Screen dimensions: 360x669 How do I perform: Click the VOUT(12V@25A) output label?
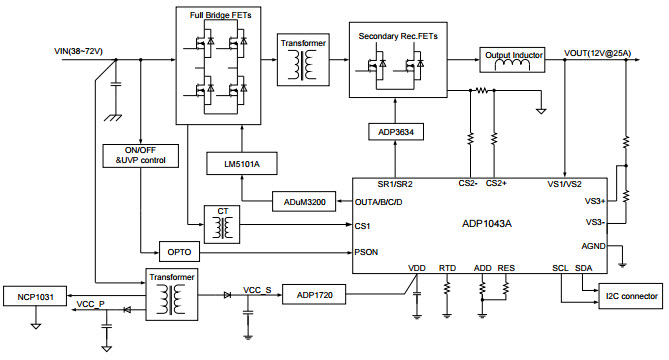pyautogui.click(x=598, y=52)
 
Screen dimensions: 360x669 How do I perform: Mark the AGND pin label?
pyautogui.click(x=592, y=246)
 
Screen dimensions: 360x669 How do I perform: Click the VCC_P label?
pyautogui.click(x=92, y=302)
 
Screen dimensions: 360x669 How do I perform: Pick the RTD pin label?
pyautogui.click(x=447, y=268)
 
